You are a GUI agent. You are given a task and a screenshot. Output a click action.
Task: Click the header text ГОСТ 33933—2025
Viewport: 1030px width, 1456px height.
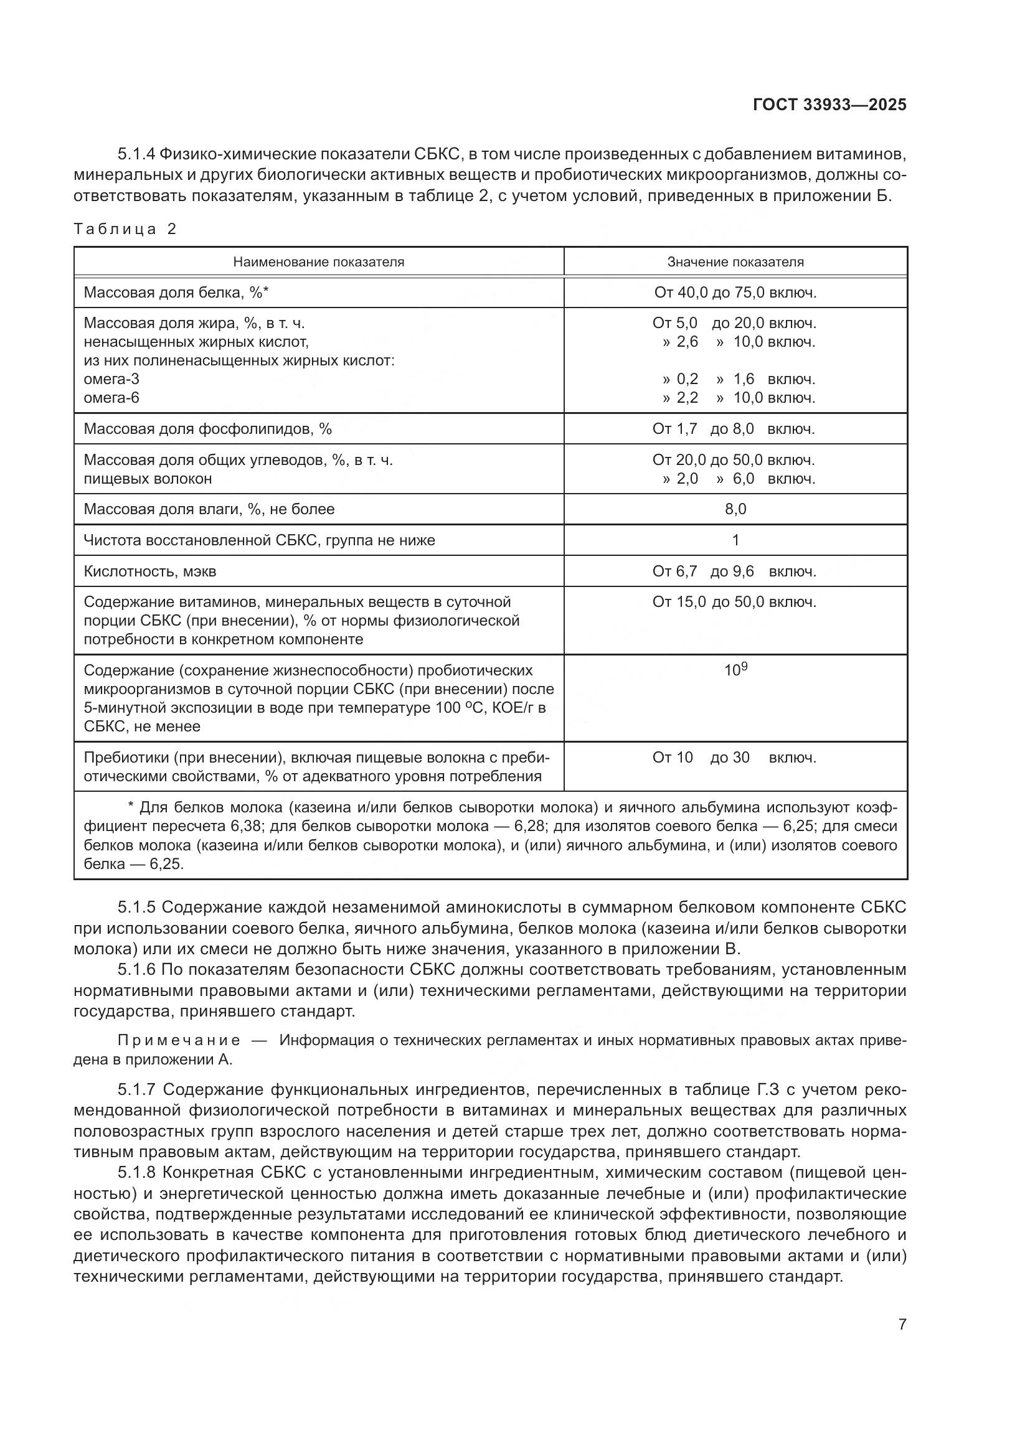click(x=829, y=105)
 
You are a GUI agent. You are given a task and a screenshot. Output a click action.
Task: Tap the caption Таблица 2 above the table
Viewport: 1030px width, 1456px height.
click(x=125, y=229)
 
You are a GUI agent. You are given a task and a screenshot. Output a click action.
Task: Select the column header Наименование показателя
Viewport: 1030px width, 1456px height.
click(x=318, y=262)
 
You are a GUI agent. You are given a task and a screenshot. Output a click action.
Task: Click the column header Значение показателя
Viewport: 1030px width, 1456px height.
click(x=735, y=262)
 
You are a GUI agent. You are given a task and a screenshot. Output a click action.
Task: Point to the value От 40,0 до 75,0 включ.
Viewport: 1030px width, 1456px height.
click(x=735, y=293)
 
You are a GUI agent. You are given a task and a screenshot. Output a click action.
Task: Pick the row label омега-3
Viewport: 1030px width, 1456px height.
click(x=111, y=379)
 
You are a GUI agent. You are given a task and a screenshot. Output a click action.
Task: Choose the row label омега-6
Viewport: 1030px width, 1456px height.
click(x=111, y=398)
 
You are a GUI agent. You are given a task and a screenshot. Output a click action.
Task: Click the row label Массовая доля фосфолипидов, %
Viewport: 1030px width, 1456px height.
click(x=207, y=429)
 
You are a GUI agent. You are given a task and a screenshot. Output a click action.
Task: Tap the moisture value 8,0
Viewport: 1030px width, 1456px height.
click(x=735, y=509)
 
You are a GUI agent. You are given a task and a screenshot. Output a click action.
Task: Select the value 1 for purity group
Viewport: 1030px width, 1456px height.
click(x=735, y=540)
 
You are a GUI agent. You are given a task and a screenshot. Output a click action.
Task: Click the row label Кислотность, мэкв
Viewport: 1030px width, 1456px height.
click(x=149, y=571)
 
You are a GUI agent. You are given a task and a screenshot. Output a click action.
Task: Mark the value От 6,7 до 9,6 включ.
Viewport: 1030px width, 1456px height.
click(x=734, y=571)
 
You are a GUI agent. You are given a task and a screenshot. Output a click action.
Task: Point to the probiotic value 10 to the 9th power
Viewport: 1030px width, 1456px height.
click(x=735, y=670)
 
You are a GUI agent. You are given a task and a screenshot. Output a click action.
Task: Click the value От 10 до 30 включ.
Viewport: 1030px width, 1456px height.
click(x=734, y=757)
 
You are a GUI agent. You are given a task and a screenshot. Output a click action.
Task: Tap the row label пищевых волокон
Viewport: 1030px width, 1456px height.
click(x=148, y=479)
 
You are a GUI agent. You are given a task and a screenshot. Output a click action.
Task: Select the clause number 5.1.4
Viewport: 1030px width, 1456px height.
click(x=136, y=154)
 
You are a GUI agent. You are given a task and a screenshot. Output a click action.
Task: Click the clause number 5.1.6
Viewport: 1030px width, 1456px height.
click(x=136, y=970)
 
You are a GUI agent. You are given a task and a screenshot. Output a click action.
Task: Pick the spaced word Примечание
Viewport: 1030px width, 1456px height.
click(x=179, y=1041)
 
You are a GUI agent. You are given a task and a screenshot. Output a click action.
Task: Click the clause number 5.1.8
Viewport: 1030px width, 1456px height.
click(x=136, y=1173)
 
